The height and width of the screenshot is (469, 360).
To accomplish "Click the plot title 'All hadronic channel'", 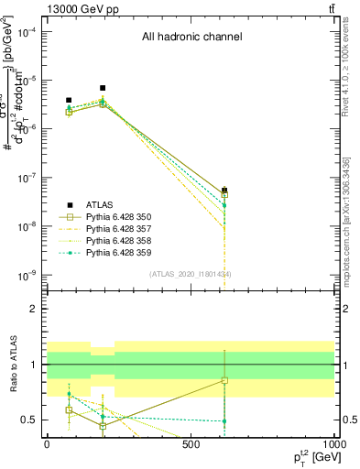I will pos(191,38).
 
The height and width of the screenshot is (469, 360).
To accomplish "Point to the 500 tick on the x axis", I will pos(191,444).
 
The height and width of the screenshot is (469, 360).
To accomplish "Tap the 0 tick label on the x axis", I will pos(47,444).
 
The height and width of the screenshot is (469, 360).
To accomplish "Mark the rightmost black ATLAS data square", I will pos(224,191).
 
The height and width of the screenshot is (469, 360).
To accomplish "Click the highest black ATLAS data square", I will pos(103,88).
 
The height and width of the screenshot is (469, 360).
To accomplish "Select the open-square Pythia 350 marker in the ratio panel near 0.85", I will pos(224,380).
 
